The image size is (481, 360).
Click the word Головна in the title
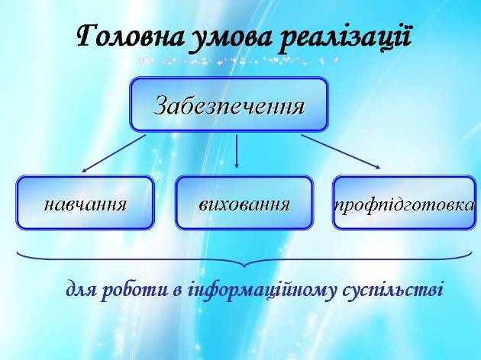pyautogui.click(x=131, y=37)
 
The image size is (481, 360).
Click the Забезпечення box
pyautogui.click(x=229, y=104)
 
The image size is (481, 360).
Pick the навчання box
pyautogui.click(x=85, y=203)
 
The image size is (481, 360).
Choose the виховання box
pyautogui.click(x=244, y=203)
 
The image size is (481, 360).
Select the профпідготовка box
pyautogui.click(x=405, y=203)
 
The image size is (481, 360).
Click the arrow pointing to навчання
pyautogui.click(x=113, y=154)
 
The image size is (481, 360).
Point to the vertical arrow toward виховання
pyautogui.click(x=236, y=151)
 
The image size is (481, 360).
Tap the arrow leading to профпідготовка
pyautogui.click(x=341, y=152)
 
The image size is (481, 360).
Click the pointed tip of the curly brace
pyautogui.click(x=244, y=267)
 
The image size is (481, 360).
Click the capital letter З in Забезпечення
pyautogui.click(x=161, y=104)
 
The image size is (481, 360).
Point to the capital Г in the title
pyautogui.click(x=88, y=36)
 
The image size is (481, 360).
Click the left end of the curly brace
pyautogui.click(x=17, y=252)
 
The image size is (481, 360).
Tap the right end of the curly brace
pyautogui.click(x=472, y=252)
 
